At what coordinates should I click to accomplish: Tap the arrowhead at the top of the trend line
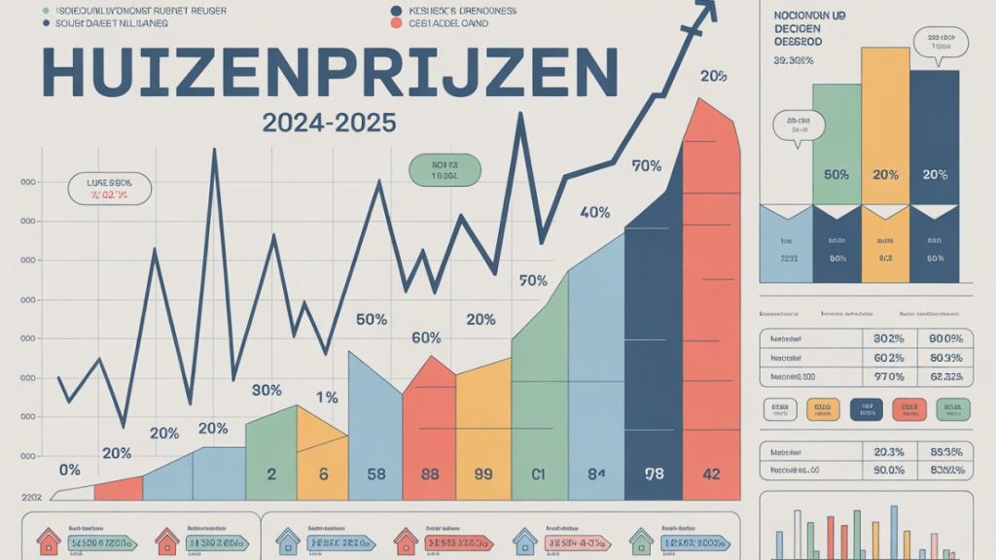point(705,10)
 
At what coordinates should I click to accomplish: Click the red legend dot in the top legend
point(397,24)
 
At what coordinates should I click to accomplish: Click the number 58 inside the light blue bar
point(374,475)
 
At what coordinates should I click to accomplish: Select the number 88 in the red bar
point(428,475)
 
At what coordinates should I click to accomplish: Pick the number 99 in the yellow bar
point(482,475)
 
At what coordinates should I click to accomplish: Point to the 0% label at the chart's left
point(70,470)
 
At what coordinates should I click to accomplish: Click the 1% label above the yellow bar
point(327,397)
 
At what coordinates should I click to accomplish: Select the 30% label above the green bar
point(267,390)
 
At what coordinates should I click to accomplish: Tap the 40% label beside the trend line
point(594,213)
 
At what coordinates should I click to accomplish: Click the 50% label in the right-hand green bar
point(836,175)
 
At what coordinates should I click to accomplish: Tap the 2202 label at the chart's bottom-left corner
point(32,496)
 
